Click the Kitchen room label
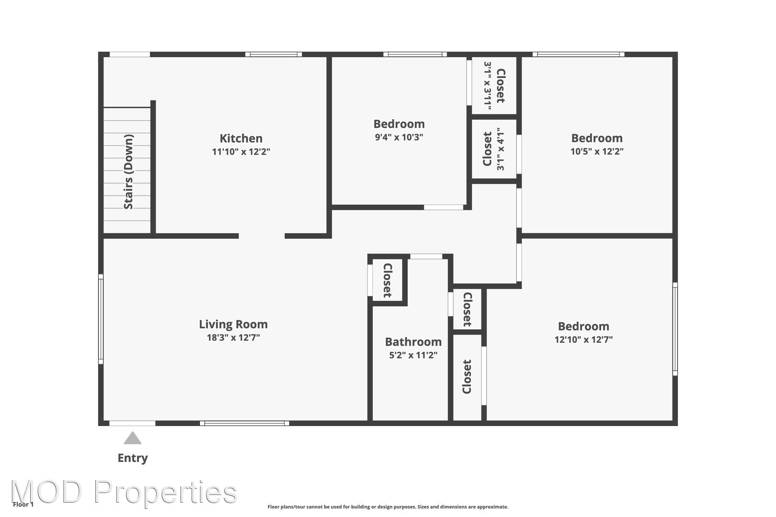click(x=241, y=138)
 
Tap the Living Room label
click(x=233, y=325)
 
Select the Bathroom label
click(x=413, y=342)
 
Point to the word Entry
click(x=133, y=458)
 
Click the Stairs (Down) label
click(x=128, y=172)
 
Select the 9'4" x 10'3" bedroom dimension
click(x=399, y=137)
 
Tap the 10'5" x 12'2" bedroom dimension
click(x=597, y=151)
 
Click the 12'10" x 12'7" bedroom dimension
click(x=583, y=339)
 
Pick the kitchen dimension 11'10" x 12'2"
click(x=241, y=152)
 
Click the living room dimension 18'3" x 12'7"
click(x=233, y=337)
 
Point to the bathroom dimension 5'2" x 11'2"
click(x=413, y=355)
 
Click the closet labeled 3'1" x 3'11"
click(x=495, y=86)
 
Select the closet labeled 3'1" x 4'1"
click(x=494, y=149)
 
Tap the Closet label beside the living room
click(x=388, y=280)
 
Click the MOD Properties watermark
click(x=124, y=492)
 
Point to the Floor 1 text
click(x=23, y=505)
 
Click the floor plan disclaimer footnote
click(x=388, y=507)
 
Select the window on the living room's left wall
click(x=101, y=319)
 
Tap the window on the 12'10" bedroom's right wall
click(x=675, y=329)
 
